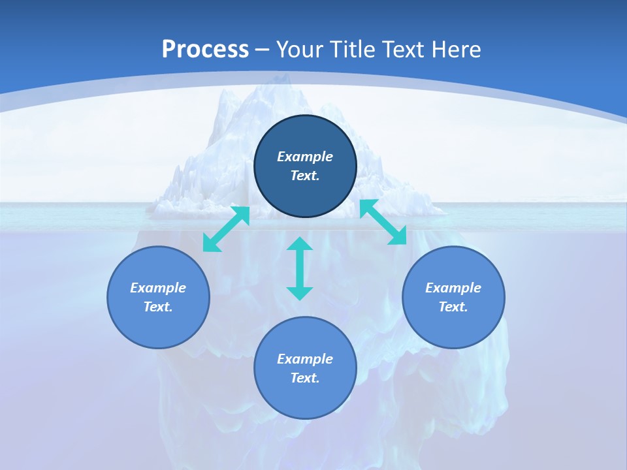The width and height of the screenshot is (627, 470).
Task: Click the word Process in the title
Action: [205, 50]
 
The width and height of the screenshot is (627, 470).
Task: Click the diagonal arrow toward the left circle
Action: [226, 229]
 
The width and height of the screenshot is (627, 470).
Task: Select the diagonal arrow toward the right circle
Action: [383, 223]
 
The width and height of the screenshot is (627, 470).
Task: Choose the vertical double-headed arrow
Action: [300, 268]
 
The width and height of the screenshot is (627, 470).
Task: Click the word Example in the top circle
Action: [305, 157]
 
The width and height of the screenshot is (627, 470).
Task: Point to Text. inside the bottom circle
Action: [305, 378]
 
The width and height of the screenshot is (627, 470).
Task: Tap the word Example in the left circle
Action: [158, 288]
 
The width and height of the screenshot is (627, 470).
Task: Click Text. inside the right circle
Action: [453, 307]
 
